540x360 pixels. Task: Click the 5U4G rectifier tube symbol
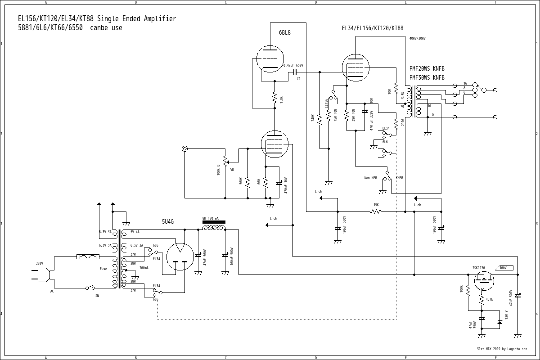click(x=180, y=257)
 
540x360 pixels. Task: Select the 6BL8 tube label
click(x=285, y=32)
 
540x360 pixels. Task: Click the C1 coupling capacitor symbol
click(x=296, y=72)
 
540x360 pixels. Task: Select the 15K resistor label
click(x=376, y=205)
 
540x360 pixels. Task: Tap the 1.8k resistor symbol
click(x=274, y=98)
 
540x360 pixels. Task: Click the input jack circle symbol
click(x=184, y=148)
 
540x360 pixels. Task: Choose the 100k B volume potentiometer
click(x=225, y=161)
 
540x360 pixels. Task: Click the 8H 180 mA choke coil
click(x=214, y=227)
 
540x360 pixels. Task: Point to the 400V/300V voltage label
click(x=417, y=39)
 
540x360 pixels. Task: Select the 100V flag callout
click(x=503, y=268)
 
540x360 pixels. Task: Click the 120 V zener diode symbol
click(x=499, y=322)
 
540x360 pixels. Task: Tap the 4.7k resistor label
click(x=490, y=299)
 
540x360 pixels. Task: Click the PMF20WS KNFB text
click(x=427, y=69)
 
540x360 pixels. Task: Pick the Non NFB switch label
click(x=370, y=178)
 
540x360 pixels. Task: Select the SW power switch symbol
click(x=93, y=288)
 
